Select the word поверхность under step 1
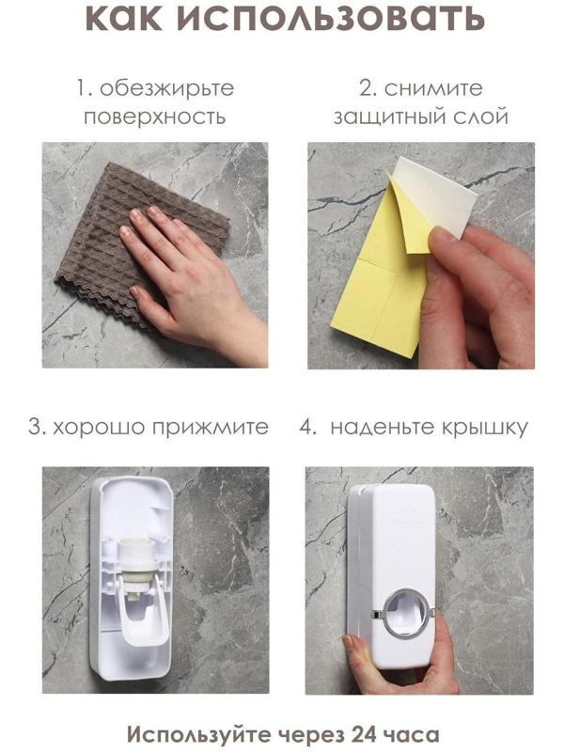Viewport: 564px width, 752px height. [x=155, y=117]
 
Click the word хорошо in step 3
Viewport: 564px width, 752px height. [x=99, y=427]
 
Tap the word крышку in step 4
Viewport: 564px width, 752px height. [x=486, y=427]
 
